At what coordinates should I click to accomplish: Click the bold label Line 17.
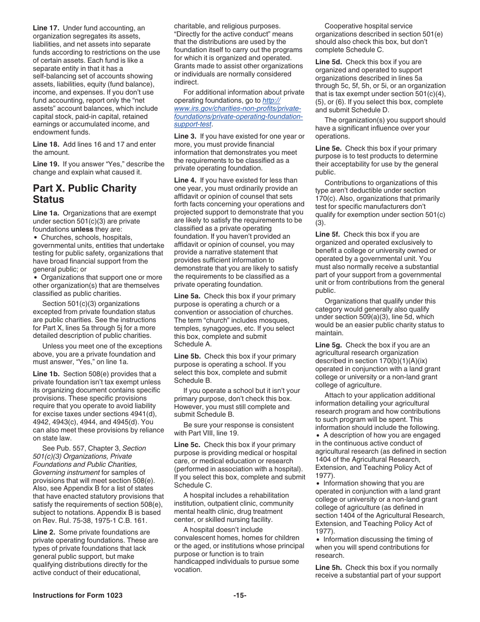pyautogui.click(x=45, y=28)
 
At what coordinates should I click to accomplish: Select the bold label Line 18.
pyautogui.click(x=45, y=144)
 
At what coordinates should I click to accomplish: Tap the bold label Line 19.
pyautogui.click(x=45, y=164)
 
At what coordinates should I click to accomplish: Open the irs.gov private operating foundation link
pyautogui.click(x=238, y=108)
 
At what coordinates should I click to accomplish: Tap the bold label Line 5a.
pyautogui.click(x=187, y=296)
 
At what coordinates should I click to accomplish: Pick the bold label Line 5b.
pyautogui.click(x=187, y=356)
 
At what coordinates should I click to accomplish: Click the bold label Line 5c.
pyautogui.click(x=187, y=445)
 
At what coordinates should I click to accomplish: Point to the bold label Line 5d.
pyautogui.click(x=328, y=62)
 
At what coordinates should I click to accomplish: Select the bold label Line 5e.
pyautogui.click(x=328, y=148)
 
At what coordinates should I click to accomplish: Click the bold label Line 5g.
pyautogui.click(x=328, y=344)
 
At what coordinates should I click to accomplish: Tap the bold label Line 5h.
pyautogui.click(x=328, y=567)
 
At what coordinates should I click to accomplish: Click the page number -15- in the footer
pyautogui.click(x=239, y=595)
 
